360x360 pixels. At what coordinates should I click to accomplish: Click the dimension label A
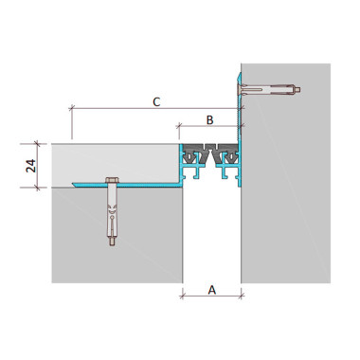click(x=212, y=290)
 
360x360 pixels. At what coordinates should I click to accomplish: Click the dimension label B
click(x=210, y=120)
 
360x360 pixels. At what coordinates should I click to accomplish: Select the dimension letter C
click(x=156, y=102)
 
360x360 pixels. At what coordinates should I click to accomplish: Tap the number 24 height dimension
click(x=31, y=166)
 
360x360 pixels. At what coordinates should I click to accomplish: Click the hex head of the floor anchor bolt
click(x=112, y=181)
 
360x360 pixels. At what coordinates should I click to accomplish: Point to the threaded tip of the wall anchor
click(x=297, y=90)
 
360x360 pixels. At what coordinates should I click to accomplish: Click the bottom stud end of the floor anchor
click(x=112, y=242)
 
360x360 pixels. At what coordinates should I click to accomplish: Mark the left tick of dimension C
click(x=72, y=108)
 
